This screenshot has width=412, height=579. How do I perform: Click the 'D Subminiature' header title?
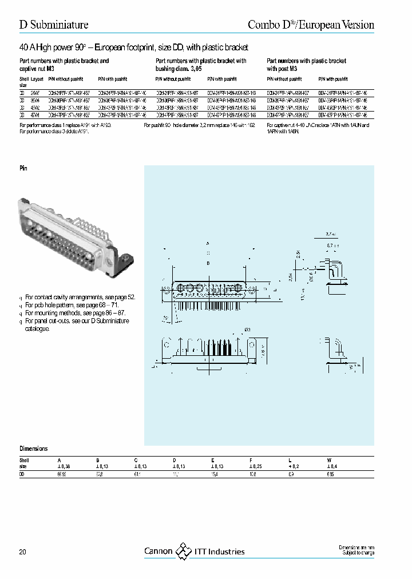pyautogui.click(x=54, y=25)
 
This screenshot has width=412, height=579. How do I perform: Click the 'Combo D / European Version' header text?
pyautogui.click(x=311, y=25)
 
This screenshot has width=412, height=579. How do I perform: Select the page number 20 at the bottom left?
pyautogui.click(x=22, y=552)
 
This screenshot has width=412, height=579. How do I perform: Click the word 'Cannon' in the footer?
pyautogui.click(x=158, y=552)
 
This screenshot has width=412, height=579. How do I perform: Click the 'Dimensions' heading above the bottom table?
pyautogui.click(x=34, y=449)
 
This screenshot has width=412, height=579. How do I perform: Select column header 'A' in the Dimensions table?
pyautogui.click(x=58, y=459)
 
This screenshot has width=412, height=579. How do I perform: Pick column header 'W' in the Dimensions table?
pyautogui.click(x=328, y=459)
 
